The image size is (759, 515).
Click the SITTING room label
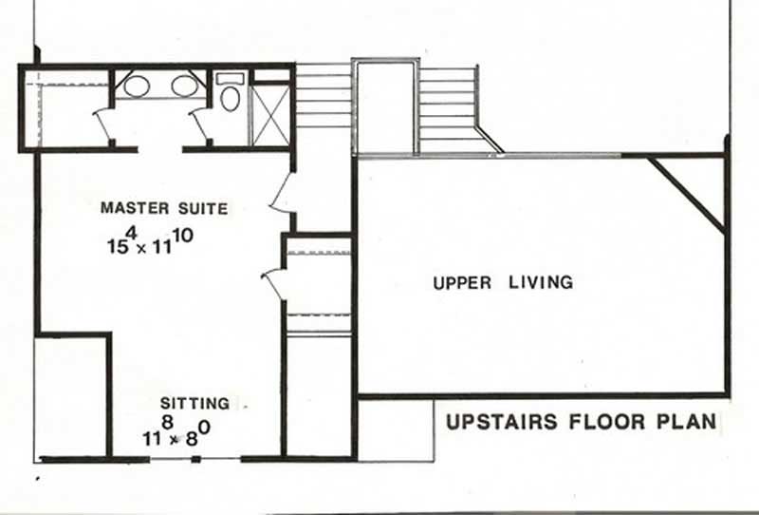pos(194,403)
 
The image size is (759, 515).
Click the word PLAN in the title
pos(685,421)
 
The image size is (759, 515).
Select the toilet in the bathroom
pos(230,96)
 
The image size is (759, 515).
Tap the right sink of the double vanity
pos(185,86)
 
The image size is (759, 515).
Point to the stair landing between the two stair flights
pos(385,105)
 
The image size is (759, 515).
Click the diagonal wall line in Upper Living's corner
pos(686,194)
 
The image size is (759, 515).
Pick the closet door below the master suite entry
pos(274,282)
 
